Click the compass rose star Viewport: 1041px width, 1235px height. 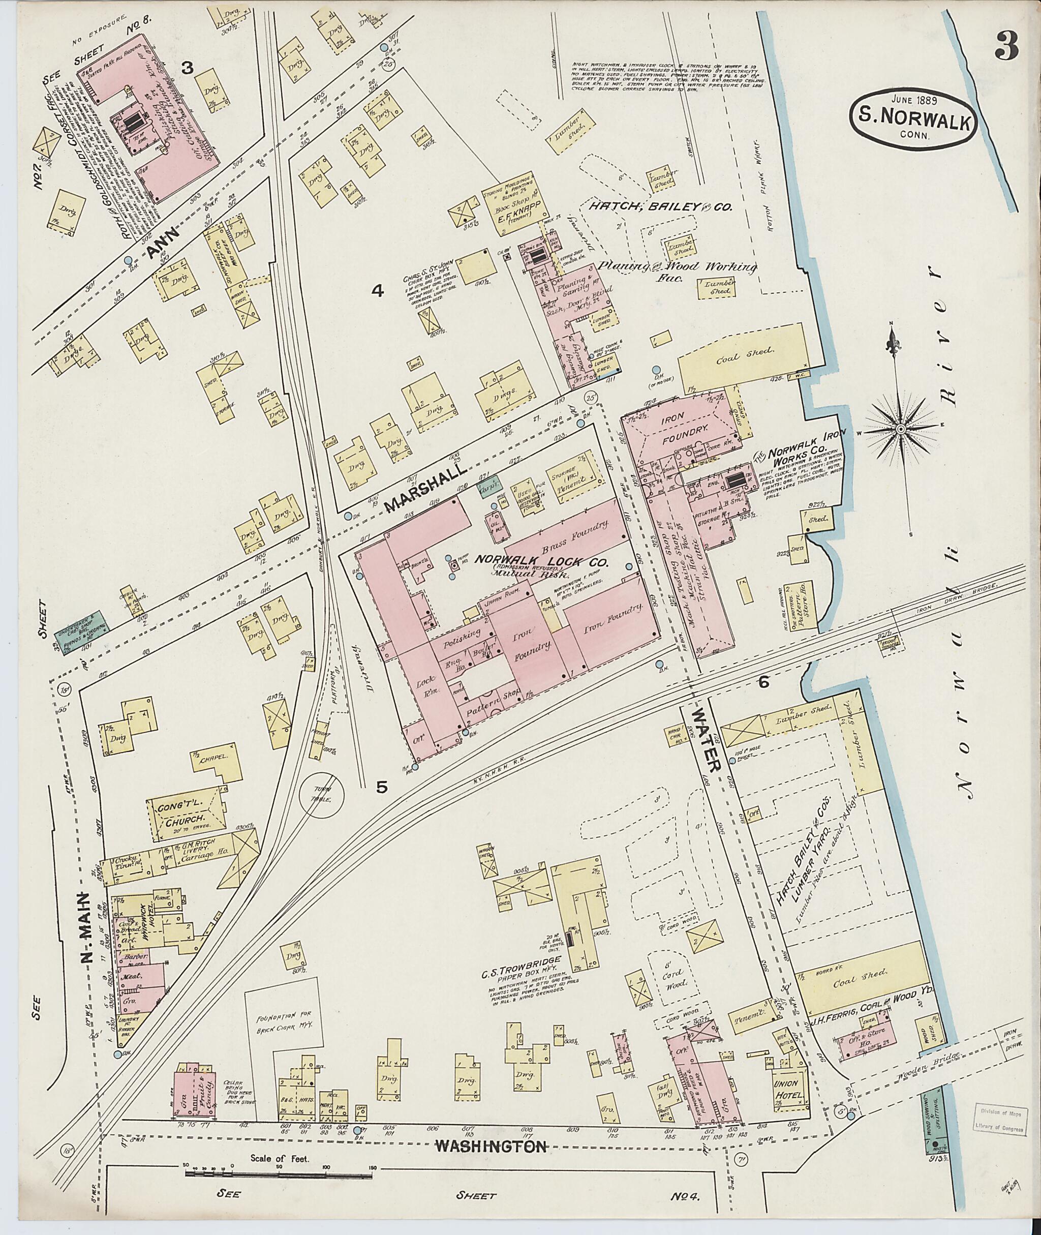click(901, 429)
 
